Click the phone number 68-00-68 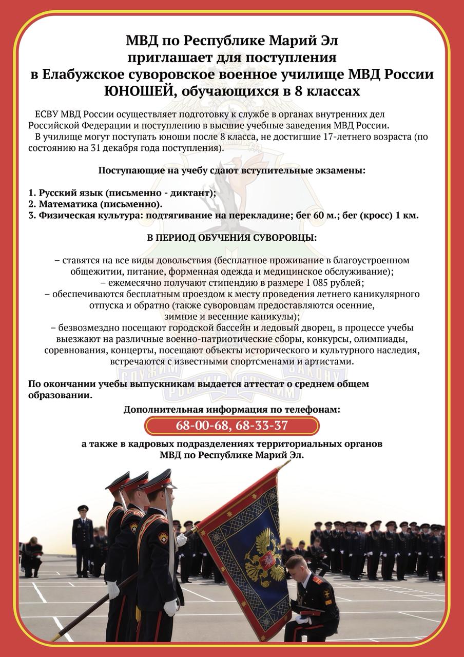(x=197, y=426)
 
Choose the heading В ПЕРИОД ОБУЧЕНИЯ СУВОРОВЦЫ (x=232, y=238)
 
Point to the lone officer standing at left (x=82, y=539)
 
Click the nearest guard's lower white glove (x=170, y=607)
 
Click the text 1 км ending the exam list (x=407, y=215)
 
